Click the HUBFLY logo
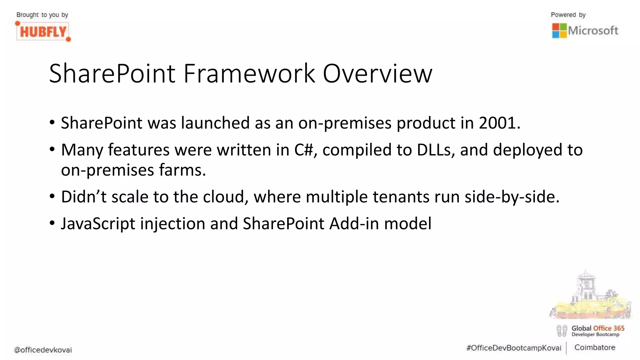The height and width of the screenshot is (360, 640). coord(43,32)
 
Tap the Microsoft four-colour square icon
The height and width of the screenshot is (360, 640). coord(559,31)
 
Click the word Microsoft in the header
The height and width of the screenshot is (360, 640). coord(593,31)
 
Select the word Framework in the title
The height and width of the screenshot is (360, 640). coord(249,74)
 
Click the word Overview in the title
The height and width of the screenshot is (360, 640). coord(377,74)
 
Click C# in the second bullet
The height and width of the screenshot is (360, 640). coord(303,150)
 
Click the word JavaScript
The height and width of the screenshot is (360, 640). coord(98,224)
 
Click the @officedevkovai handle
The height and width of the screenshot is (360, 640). coord(43,350)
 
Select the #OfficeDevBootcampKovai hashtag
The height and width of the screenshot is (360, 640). coord(513,348)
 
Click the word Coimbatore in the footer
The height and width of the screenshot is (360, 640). coord(594,347)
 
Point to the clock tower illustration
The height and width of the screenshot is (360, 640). coord(586,286)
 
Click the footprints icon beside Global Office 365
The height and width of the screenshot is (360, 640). coord(562,331)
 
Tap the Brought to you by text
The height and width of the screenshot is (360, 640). coord(42,15)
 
